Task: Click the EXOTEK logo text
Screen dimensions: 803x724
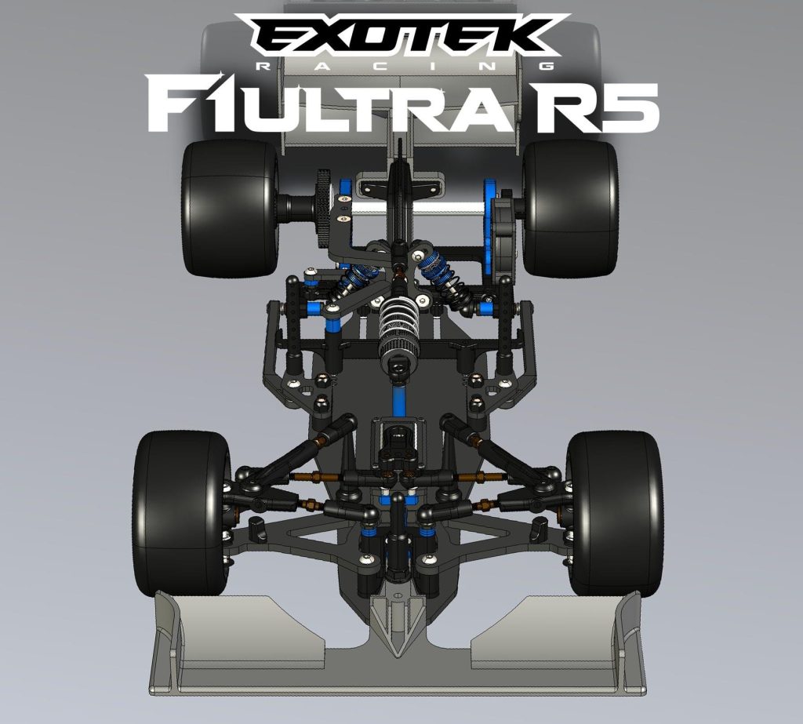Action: coord(402,35)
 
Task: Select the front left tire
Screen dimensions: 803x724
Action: coord(182,514)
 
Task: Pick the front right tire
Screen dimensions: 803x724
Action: coord(615,514)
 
